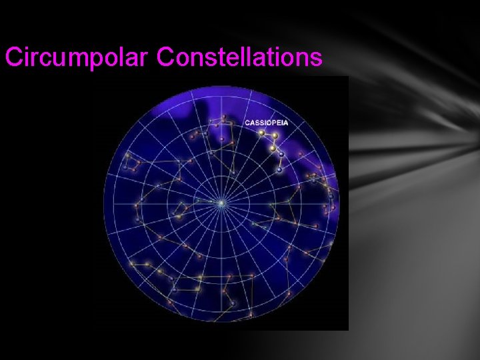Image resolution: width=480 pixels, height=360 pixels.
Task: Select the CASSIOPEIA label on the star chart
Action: point(266,123)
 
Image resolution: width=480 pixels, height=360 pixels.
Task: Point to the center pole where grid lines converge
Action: point(221,202)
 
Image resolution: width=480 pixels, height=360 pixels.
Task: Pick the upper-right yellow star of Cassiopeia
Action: point(275,136)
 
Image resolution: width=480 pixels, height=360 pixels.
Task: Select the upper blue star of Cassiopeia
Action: point(281,155)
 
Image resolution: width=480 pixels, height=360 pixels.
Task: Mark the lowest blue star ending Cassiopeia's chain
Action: point(279,169)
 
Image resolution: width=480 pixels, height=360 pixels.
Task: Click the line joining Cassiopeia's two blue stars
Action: point(281,162)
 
